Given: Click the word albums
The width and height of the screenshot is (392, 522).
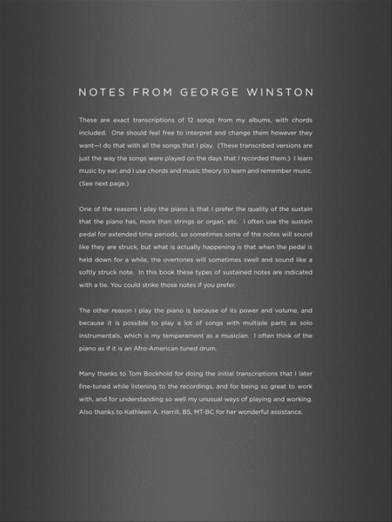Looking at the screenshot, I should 259,120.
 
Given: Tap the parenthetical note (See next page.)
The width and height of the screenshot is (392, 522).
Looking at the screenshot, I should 98,184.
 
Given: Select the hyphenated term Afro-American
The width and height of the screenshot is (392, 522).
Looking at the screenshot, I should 155,348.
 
